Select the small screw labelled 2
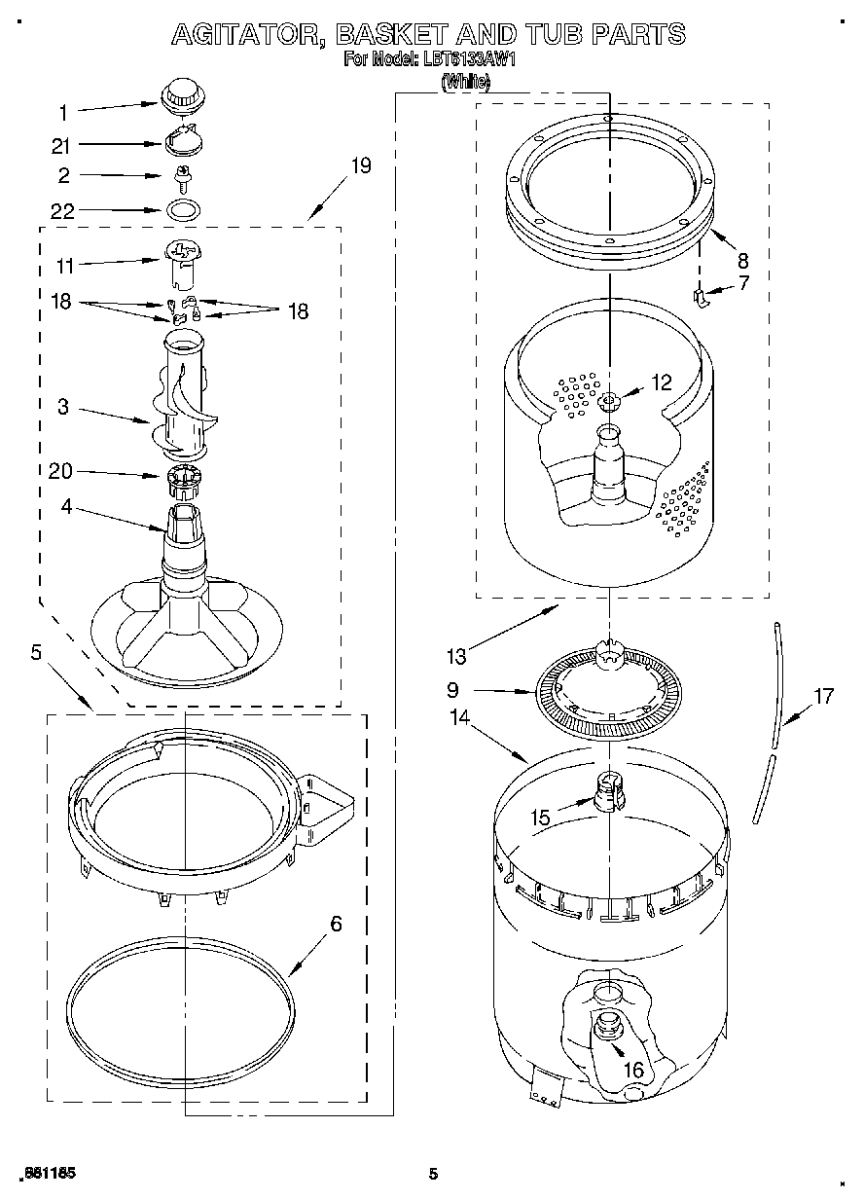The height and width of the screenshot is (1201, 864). (x=181, y=176)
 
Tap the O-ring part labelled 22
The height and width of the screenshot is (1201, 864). (x=180, y=209)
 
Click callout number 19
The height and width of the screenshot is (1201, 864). (x=360, y=165)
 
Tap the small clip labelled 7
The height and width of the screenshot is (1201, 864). (x=701, y=296)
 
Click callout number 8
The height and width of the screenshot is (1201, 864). (x=742, y=260)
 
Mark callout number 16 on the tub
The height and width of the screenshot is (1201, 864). (x=633, y=1070)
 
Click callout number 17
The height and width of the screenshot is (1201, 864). (x=824, y=696)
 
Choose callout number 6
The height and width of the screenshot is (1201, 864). (x=336, y=924)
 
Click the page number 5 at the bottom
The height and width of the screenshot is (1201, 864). (x=433, y=1175)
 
